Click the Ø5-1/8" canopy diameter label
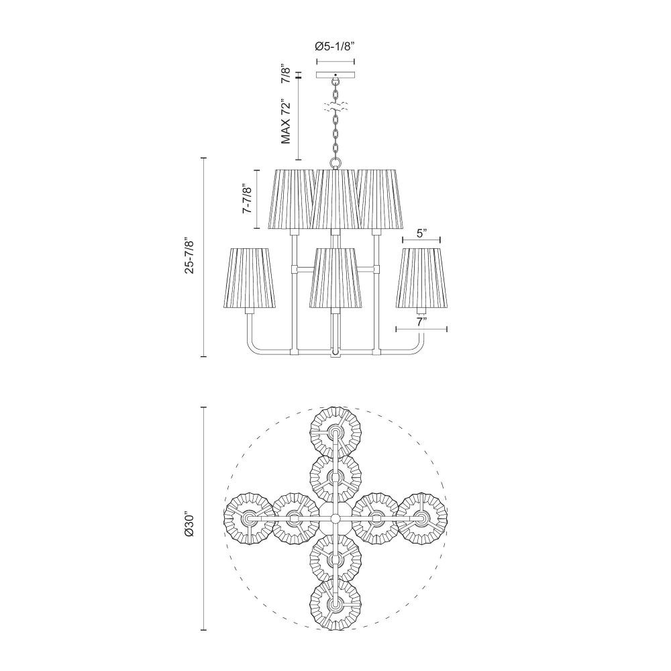coord(335,46)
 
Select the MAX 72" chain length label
coord(285,123)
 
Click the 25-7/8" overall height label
coord(190,256)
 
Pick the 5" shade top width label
coord(422,234)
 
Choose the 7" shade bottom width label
coord(422,322)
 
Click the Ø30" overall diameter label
coord(190,519)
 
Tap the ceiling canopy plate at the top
coord(335,75)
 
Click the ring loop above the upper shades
coord(335,162)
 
